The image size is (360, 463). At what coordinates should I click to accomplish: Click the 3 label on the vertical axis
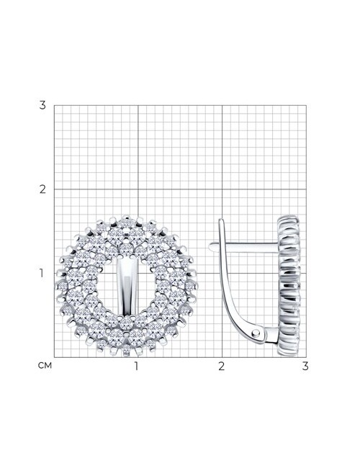coord(42,105)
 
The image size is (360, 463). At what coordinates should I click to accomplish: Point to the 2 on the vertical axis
coord(42,189)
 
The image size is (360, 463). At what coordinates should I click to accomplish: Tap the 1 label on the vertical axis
coord(42,274)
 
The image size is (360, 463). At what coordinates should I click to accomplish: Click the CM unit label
coord(45,366)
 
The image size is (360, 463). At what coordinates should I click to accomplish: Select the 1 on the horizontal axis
coord(136,366)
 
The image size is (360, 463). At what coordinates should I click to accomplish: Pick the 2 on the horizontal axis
coord(222,366)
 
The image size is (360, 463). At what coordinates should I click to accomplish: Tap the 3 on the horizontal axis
coord(305,366)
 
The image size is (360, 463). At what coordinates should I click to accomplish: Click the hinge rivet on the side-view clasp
coord(256,333)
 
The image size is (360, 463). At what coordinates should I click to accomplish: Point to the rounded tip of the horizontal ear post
coord(210,246)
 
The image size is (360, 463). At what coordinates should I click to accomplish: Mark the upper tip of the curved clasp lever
coord(220,220)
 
